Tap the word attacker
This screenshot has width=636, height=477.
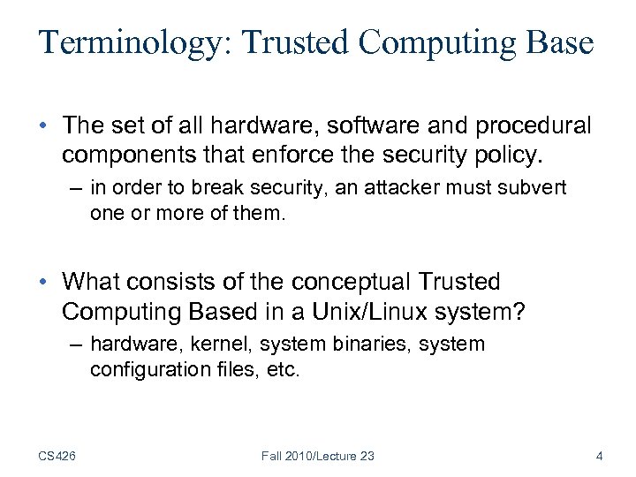tap(398, 188)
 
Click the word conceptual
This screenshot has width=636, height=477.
tap(349, 282)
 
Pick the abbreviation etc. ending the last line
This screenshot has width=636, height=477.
tap(284, 369)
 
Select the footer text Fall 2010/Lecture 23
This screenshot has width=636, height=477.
tap(318, 456)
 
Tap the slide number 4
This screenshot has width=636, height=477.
tap(600, 456)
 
